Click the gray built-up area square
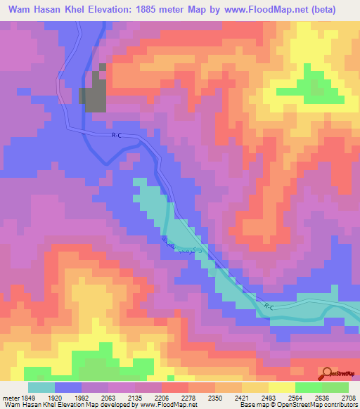point(94,98)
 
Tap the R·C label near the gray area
point(117,136)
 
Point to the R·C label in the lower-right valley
point(268,306)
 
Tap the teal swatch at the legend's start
point(41,387)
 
